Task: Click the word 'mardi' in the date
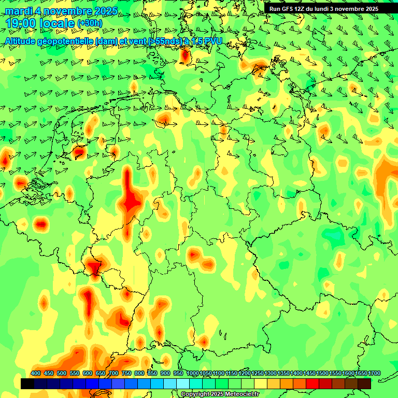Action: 17,11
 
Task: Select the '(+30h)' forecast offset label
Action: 90,23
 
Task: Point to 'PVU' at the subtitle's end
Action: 212,41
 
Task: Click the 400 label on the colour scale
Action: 36,374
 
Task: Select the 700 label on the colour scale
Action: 113,374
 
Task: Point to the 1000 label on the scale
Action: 192,374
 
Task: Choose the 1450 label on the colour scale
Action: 309,374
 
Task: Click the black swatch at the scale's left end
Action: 27,383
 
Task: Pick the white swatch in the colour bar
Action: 183,383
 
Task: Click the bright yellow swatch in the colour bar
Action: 261,383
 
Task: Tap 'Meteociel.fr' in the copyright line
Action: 239,394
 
